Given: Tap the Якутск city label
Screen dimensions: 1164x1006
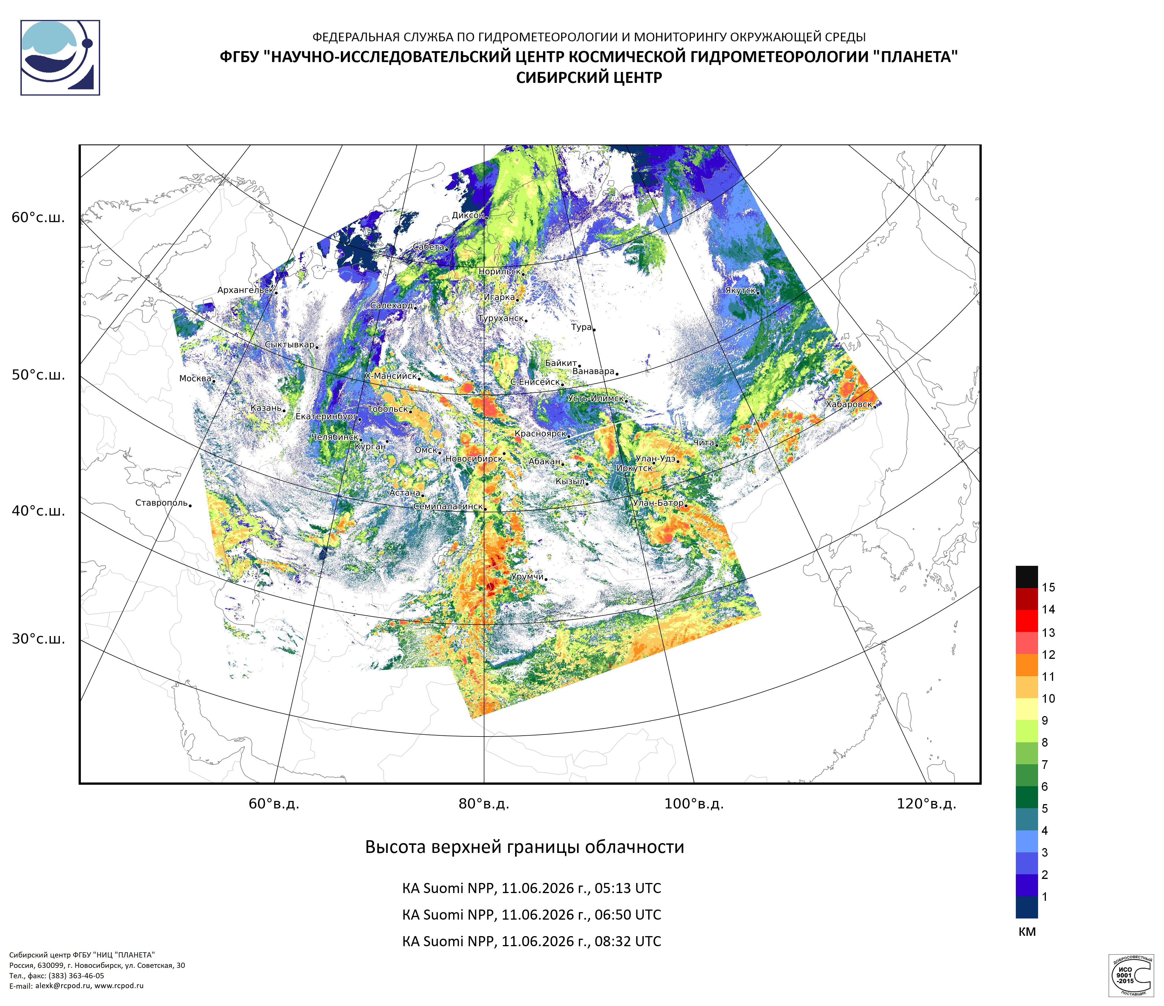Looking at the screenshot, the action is coord(740,290).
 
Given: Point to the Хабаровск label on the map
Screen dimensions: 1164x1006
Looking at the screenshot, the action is coord(849,404).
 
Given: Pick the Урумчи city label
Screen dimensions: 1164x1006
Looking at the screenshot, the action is coord(527,577).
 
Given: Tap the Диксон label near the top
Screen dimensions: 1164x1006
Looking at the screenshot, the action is coord(468,215).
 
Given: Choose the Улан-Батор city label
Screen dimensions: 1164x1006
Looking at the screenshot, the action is coord(658,503).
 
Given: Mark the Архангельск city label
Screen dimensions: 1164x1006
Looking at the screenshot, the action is coord(246,290).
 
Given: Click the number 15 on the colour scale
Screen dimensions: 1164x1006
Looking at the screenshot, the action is coord(1048,587).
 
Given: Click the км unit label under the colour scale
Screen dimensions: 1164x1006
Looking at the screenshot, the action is coord(1027,932).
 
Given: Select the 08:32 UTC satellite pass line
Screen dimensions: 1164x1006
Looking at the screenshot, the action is coord(531,941).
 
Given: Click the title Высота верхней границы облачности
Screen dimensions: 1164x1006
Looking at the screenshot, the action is coord(525,847).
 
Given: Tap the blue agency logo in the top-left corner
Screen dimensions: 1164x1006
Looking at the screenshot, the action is coord(60,58).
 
